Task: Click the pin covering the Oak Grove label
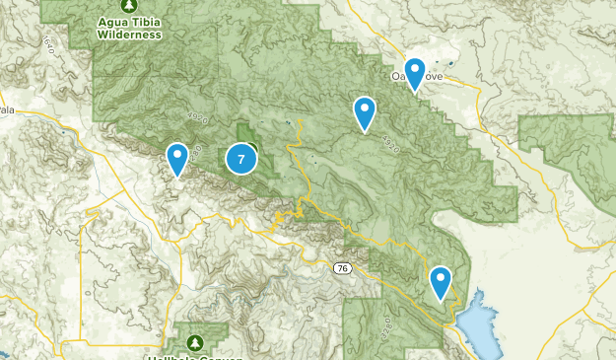(415, 74)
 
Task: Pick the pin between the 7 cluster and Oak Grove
(365, 112)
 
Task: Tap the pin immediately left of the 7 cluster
(177, 158)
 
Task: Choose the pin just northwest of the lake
(440, 282)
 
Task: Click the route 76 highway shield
(340, 267)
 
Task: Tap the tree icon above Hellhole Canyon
(194, 340)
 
